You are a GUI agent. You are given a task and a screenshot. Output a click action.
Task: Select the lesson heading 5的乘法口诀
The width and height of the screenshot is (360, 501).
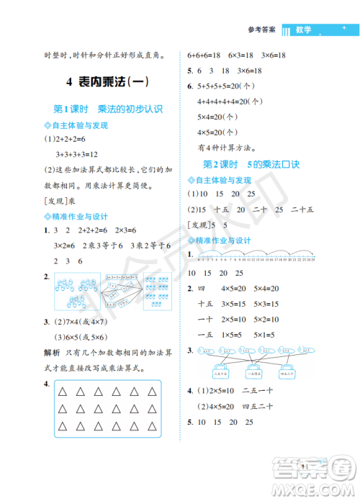(x=272, y=164)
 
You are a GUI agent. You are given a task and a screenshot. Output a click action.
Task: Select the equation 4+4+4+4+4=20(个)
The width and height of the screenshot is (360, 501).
(x=228, y=101)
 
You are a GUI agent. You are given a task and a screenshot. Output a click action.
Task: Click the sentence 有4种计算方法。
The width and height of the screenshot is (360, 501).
(x=225, y=148)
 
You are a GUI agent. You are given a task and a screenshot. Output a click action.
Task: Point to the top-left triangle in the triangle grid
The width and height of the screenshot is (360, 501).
(x=63, y=392)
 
